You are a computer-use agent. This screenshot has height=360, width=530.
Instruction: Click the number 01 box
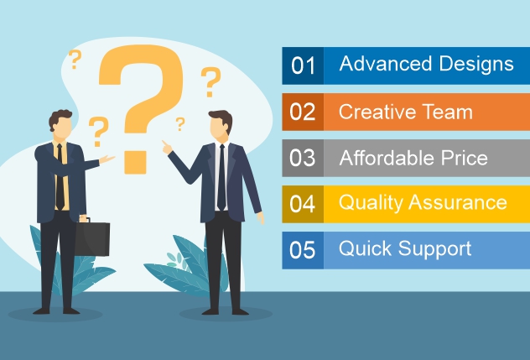303,65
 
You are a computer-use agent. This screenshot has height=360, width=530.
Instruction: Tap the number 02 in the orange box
303,112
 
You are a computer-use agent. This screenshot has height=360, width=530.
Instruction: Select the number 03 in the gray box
303,158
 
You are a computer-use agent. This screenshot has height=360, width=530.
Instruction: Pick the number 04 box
303,204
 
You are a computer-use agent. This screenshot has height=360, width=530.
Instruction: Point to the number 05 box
303,250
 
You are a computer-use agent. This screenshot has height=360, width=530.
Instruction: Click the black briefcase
92,237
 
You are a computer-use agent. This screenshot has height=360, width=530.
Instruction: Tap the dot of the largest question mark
135,163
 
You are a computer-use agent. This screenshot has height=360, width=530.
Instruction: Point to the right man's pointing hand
167,148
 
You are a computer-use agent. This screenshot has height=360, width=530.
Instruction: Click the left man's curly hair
60,117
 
